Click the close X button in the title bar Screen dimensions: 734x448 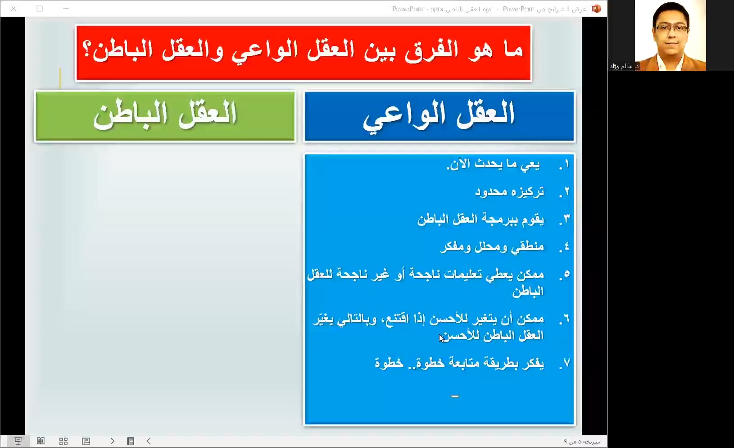pos(14,9)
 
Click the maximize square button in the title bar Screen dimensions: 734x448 pos(40,9)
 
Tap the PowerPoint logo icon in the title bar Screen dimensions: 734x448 pos(596,9)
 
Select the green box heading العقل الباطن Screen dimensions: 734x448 pos(165,115)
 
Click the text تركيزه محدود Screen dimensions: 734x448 pos(510,192)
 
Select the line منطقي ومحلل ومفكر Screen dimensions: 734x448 pos(492,247)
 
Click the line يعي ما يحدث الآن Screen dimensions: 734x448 pos(493,164)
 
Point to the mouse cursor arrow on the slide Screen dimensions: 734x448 pos(441,338)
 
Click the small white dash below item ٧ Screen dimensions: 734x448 pos(455,396)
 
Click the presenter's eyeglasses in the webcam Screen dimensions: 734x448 pos(671,29)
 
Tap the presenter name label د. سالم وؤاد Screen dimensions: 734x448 pos(624,66)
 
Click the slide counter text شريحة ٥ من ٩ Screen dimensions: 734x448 pos(582,442)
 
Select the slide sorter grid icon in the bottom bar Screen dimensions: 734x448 pos(63,441)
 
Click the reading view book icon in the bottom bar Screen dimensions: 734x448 pos(41,441)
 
